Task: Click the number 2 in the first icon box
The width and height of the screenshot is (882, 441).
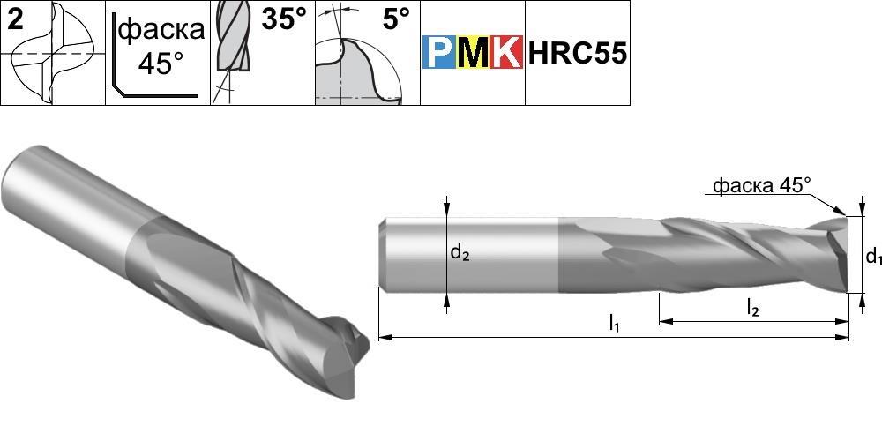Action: (x=16, y=20)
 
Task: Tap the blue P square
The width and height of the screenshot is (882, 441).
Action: (x=438, y=52)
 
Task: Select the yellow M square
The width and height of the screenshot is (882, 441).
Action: (x=473, y=52)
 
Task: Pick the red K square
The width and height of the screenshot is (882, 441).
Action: (x=506, y=52)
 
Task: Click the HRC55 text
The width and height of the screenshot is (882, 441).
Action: (x=577, y=54)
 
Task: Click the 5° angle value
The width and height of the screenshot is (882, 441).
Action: (x=397, y=19)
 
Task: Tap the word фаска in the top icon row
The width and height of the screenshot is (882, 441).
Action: (x=162, y=29)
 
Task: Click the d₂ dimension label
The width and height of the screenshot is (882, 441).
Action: (x=460, y=254)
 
